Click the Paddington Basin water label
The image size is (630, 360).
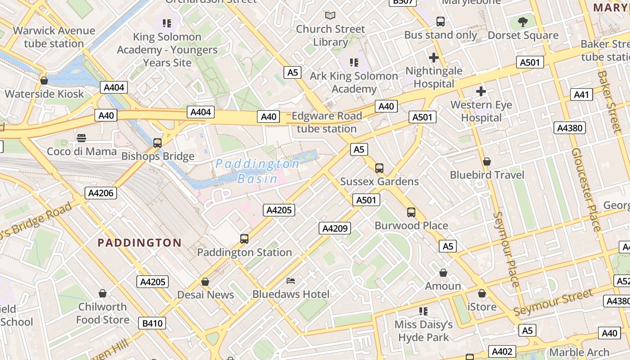[257, 171]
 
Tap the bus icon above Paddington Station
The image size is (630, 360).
[244, 239]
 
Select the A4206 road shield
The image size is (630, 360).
[101, 193]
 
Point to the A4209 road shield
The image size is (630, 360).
[335, 228]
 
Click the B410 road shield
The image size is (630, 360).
[152, 323]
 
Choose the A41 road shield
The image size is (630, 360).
[581, 94]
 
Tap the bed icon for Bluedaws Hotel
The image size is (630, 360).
[291, 281]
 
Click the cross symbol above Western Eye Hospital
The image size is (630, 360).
[481, 92]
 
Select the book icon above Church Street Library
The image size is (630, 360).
[330, 16]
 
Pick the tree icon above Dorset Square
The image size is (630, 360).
[523, 22]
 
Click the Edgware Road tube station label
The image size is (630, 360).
[327, 122]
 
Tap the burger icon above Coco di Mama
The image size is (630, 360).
[81, 138]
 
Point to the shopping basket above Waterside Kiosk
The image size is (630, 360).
[44, 81]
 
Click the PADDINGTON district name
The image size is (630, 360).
[139, 243]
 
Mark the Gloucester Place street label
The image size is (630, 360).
[585, 189]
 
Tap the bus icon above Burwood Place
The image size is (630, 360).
[411, 212]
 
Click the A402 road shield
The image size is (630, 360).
[502, 351]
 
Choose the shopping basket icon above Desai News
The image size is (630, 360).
[205, 282]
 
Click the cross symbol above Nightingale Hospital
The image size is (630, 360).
[434, 58]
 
